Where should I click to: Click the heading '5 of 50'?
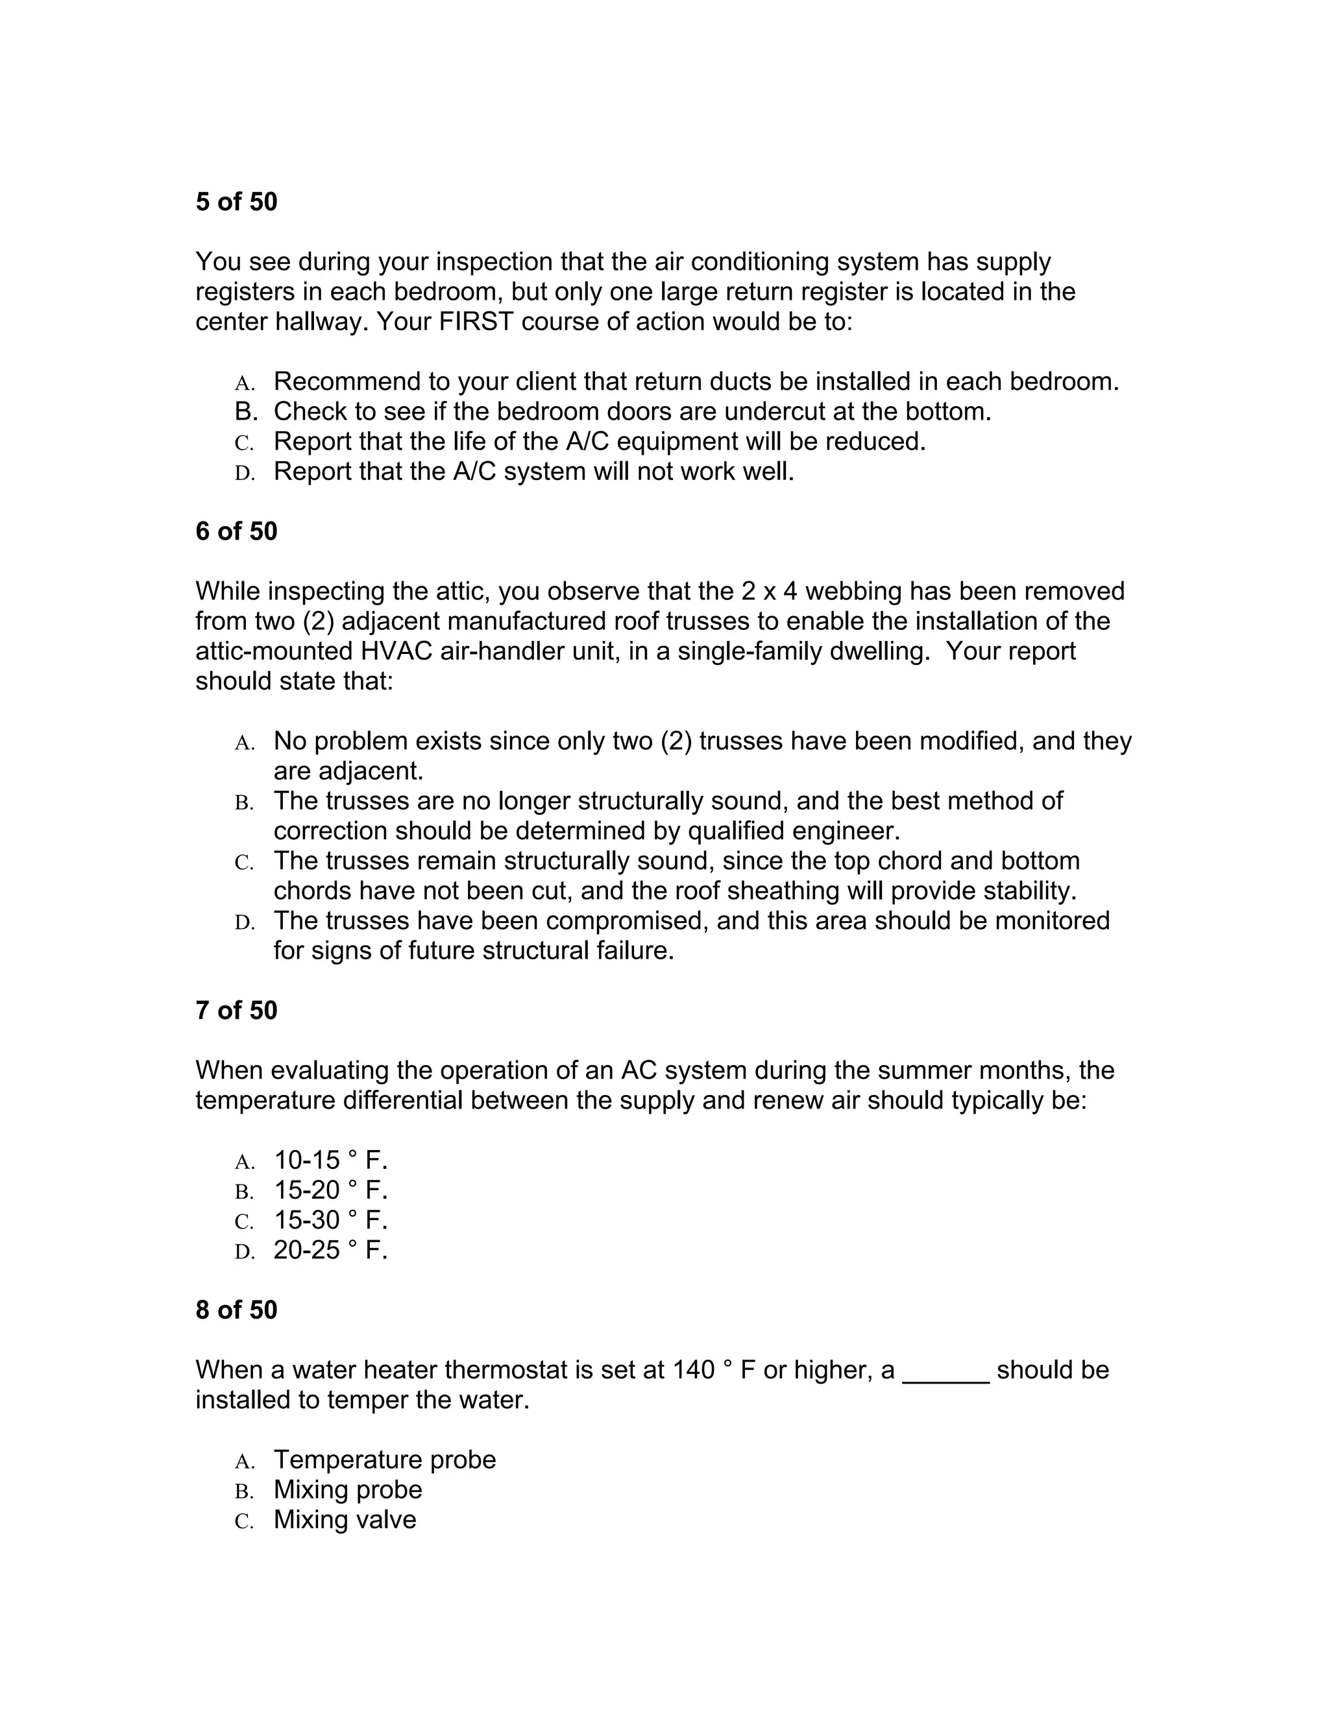(236, 202)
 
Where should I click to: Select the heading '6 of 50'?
(236, 532)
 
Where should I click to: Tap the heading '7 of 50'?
(236, 1011)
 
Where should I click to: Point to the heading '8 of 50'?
(236, 1310)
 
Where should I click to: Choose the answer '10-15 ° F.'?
(331, 1160)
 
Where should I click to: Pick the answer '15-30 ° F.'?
(331, 1220)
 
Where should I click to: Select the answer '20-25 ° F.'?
(331, 1250)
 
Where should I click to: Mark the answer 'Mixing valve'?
(345, 1519)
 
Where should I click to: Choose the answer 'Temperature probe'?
(385, 1460)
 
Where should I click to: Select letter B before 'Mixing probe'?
(244, 1491)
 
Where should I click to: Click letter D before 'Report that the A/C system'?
(245, 473)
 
